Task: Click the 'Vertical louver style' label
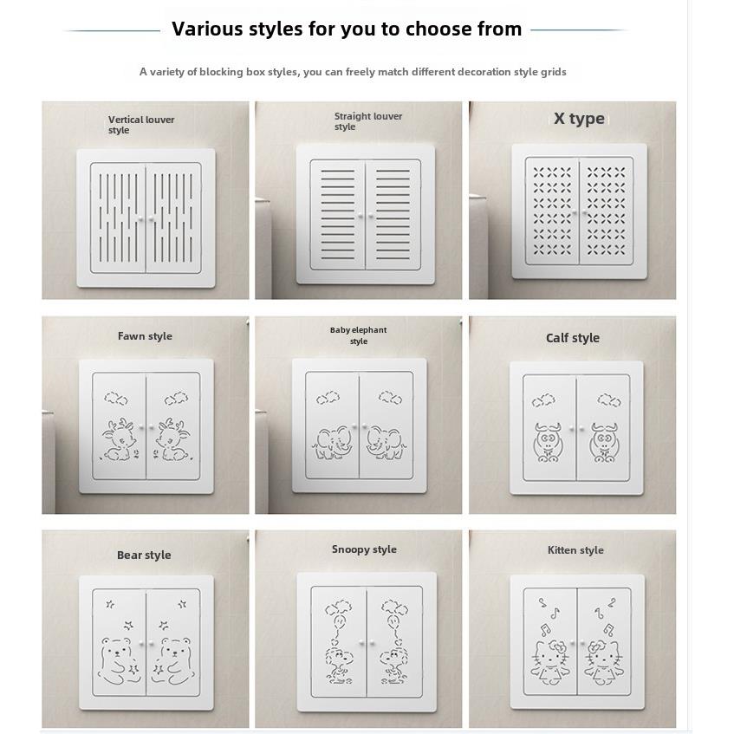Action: click(x=141, y=125)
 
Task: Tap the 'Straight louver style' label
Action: click(x=368, y=121)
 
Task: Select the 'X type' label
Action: click(x=579, y=119)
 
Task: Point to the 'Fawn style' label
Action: click(x=145, y=336)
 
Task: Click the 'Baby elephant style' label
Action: click(x=358, y=335)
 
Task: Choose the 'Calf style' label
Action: click(x=573, y=338)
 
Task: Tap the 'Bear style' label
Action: click(x=144, y=555)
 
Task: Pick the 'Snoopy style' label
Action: click(x=364, y=549)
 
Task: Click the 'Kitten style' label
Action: click(x=575, y=550)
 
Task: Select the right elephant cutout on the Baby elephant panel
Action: click(x=385, y=442)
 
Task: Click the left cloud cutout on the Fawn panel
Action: click(x=115, y=398)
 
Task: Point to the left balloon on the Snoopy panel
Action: click(x=338, y=620)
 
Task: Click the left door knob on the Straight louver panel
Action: click(x=361, y=216)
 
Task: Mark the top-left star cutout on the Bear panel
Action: click(x=110, y=604)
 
